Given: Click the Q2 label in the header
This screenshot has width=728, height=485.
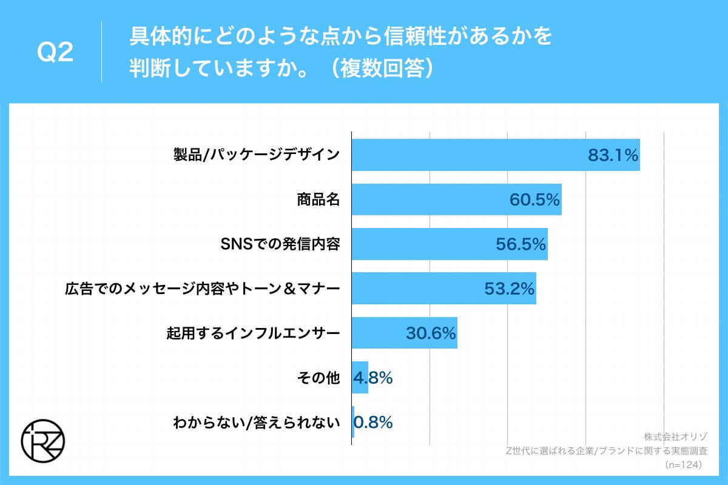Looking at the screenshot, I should pyautogui.click(x=55, y=53).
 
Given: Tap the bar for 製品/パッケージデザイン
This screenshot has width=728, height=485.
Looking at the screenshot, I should pyautogui.click(x=467, y=155).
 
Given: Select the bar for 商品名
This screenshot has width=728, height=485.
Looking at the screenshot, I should pyautogui.click(x=425, y=199).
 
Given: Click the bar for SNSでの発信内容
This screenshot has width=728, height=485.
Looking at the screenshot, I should pyautogui.click(x=419, y=244).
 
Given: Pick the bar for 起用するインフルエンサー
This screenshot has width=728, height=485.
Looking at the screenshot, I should pyautogui.click(x=376, y=333).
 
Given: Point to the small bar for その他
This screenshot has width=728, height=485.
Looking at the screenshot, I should pyautogui.click(x=360, y=377).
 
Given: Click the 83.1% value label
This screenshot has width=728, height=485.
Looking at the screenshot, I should pyautogui.click(x=613, y=155).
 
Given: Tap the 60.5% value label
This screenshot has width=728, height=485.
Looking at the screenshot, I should pyautogui.click(x=534, y=199).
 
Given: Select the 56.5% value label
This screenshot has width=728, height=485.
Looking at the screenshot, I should pyautogui.click(x=521, y=244).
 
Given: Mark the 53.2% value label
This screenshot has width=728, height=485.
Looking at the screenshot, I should pyautogui.click(x=509, y=289).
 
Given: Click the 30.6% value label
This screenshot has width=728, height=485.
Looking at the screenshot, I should pyautogui.click(x=430, y=333).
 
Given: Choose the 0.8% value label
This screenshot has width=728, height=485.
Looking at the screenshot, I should pyautogui.click(x=374, y=421).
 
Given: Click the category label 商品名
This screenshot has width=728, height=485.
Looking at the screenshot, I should pyautogui.click(x=317, y=199).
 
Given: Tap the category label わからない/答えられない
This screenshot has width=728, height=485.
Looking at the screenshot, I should pyautogui.click(x=255, y=422).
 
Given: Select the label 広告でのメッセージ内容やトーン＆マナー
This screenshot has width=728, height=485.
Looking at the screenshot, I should pyautogui.click(x=201, y=289).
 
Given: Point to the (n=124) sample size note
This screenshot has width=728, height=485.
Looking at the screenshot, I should pyautogui.click(x=684, y=465).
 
